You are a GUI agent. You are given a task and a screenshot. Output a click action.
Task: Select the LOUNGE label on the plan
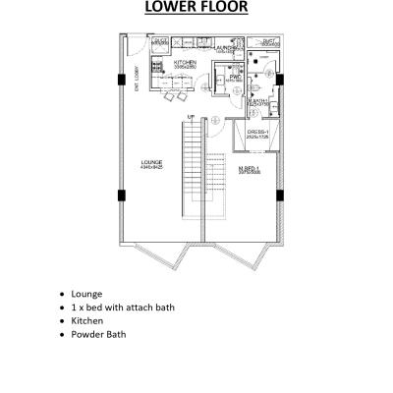151,163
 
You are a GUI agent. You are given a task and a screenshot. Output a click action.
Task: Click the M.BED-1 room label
249,168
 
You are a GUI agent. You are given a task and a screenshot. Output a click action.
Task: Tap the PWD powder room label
235,77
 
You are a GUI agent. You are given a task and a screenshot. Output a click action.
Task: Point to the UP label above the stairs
191,117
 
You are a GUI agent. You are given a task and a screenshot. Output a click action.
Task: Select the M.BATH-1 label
258,101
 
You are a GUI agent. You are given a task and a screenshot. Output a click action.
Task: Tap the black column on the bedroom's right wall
281,194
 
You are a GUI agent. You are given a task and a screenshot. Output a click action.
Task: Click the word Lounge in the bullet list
86,293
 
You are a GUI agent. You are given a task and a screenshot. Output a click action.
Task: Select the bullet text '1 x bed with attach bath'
123,307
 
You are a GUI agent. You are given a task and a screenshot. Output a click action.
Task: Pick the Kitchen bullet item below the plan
87,320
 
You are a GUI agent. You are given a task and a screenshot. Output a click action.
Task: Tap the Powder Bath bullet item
98,334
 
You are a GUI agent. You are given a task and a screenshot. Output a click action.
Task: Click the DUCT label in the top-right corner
270,42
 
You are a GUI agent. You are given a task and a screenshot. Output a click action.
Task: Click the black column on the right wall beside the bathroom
281,80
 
